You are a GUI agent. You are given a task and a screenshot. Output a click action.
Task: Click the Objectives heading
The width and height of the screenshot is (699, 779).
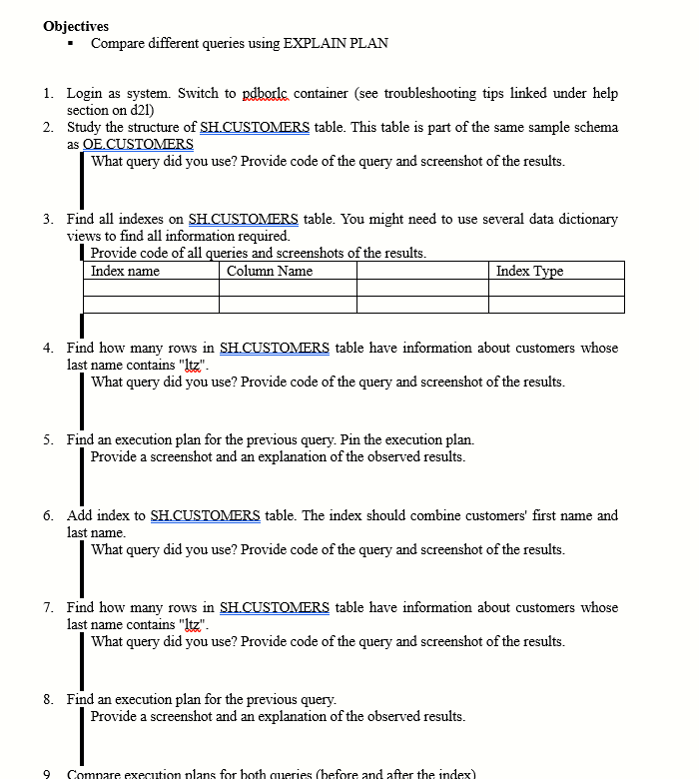77,26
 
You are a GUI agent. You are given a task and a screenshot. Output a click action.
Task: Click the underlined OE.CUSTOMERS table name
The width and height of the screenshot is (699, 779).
130,144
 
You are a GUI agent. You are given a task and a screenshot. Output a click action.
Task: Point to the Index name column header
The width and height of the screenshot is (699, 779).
125,271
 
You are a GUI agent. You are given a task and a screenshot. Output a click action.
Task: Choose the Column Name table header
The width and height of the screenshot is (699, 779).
270,271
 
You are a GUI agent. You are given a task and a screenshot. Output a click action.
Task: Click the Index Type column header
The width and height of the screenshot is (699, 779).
529,271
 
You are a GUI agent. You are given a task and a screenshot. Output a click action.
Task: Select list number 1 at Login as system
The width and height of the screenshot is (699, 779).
49,93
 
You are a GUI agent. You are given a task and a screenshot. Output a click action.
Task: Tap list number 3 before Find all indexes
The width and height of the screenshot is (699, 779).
49,219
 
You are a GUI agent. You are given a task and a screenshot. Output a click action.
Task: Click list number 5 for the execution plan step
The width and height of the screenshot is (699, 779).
49,439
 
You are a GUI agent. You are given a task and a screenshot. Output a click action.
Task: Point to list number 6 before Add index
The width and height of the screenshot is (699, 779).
49,515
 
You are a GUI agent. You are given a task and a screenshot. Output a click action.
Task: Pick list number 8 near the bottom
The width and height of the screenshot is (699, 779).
49,699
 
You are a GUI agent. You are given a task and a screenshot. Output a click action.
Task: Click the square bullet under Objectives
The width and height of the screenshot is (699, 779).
72,44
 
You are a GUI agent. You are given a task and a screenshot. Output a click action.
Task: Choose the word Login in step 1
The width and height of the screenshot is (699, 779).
86,93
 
